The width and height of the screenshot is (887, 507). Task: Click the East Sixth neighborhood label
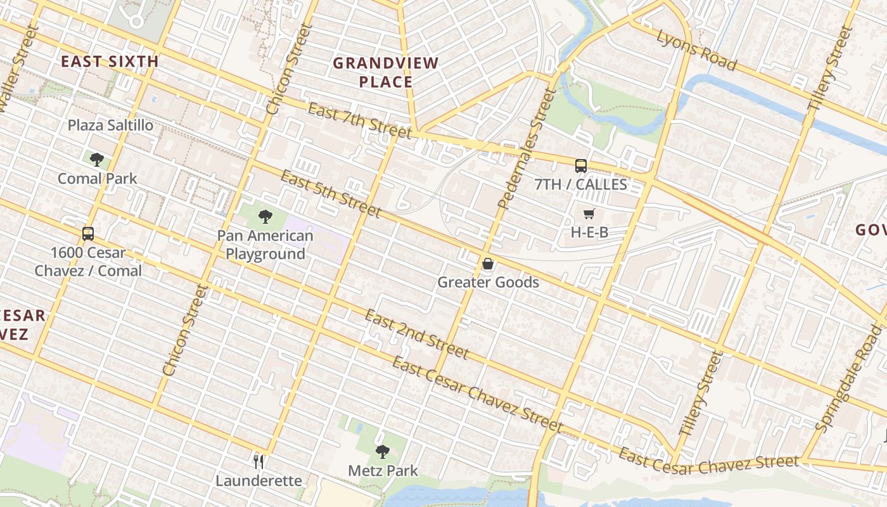click(109, 61)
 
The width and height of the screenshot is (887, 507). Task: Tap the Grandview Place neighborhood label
click(386, 72)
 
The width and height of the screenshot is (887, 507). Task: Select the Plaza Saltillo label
click(110, 125)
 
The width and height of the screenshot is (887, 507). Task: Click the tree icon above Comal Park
click(97, 159)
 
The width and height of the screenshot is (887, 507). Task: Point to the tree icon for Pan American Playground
click(265, 217)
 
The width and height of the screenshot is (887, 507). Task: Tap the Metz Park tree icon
click(382, 451)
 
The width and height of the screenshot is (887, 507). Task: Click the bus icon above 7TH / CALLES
click(580, 166)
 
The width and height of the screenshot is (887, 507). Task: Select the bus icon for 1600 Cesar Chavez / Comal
click(88, 233)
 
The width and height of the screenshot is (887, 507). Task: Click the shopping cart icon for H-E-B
click(589, 214)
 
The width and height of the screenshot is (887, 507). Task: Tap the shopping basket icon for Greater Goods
click(488, 264)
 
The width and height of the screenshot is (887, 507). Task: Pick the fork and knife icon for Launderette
click(258, 461)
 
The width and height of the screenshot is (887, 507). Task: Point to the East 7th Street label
click(359, 120)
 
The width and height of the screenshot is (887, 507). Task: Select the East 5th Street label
click(330, 193)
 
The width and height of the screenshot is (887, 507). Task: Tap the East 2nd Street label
click(416, 334)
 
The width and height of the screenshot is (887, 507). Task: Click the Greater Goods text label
click(488, 283)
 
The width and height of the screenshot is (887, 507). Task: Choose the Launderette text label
click(258, 480)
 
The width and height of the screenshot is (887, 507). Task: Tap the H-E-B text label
click(589, 233)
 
